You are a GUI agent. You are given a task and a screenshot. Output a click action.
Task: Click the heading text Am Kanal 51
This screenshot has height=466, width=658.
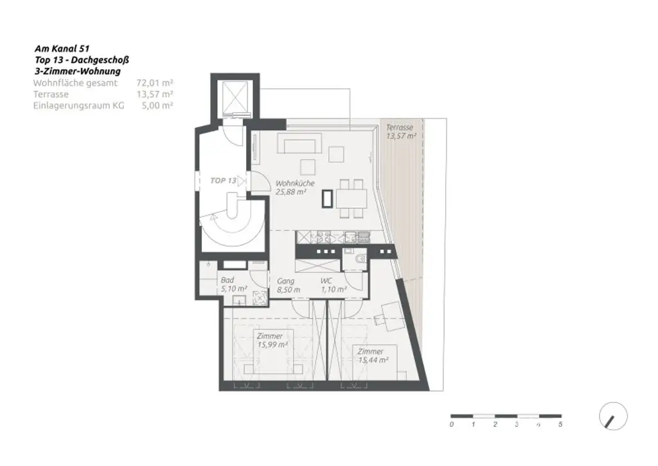62,48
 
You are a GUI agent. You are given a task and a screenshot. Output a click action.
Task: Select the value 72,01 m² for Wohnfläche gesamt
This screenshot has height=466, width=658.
155,83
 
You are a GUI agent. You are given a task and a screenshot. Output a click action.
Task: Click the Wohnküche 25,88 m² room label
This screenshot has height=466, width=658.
294,187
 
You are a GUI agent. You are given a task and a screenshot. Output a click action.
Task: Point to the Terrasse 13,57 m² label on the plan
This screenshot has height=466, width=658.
400,132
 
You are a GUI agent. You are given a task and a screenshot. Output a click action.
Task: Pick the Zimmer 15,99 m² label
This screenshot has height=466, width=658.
271,340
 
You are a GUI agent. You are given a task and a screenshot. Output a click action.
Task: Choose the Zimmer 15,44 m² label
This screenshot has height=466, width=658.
373,356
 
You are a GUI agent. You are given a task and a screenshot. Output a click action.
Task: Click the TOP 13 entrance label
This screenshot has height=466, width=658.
223,181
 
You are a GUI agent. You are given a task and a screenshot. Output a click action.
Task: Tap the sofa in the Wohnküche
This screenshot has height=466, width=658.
299,142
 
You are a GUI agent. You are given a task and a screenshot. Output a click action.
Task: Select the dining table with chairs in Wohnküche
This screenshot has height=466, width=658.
351,199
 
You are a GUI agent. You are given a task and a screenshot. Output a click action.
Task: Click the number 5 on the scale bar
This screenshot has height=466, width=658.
561,425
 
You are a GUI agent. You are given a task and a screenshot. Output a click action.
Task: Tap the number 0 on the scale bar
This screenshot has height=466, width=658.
452,425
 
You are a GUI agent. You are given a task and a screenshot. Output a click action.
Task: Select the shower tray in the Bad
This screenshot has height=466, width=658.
260,298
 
